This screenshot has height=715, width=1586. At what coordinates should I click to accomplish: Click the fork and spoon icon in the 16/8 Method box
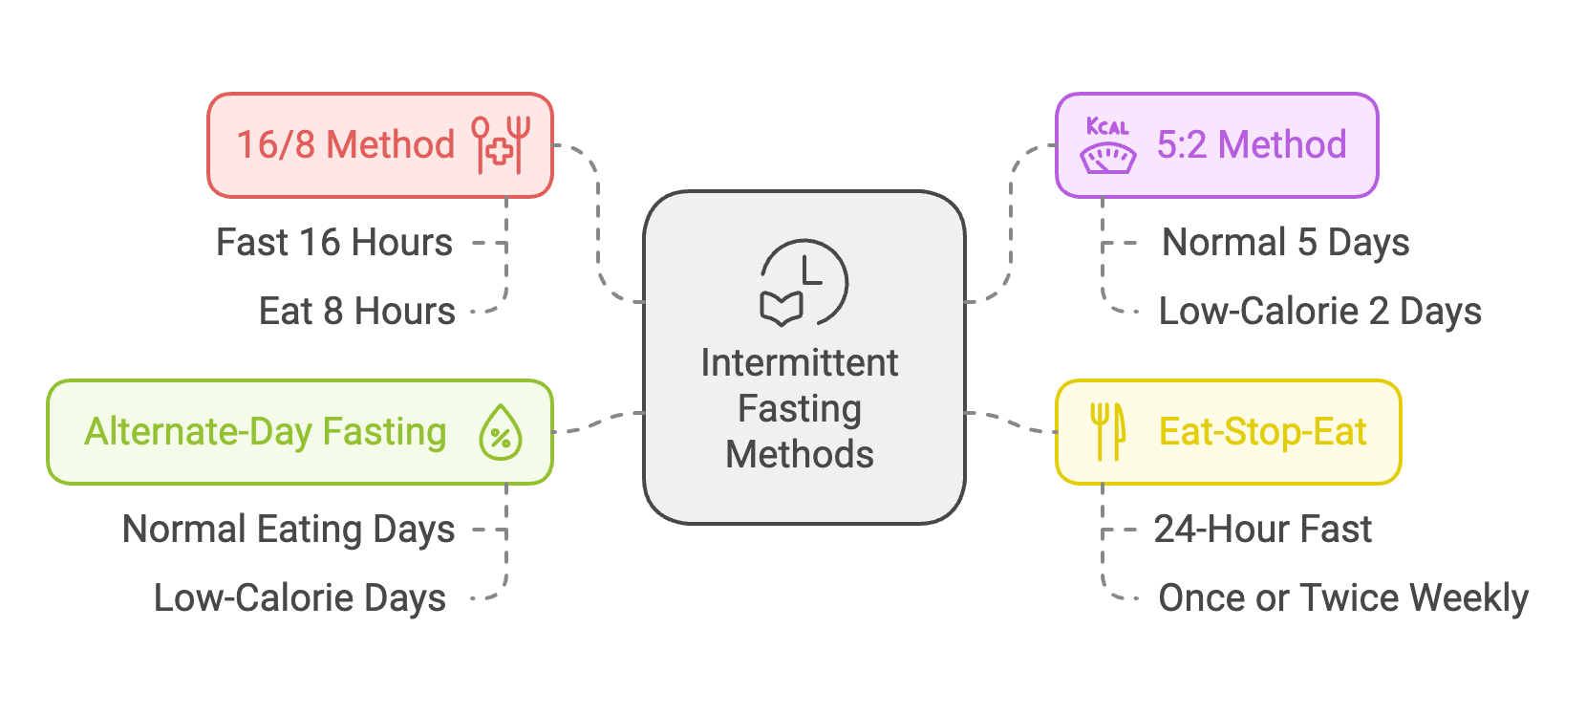coord(501,144)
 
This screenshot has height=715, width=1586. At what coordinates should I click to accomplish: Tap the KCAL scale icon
coord(1107,145)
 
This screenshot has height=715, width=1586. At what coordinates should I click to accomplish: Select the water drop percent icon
coord(500,432)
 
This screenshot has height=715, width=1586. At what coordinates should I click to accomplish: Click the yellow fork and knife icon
coord(1107,431)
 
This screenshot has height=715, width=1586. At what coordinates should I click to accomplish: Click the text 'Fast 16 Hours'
coord(334,243)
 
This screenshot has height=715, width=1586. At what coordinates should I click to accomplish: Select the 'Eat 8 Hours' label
coord(357,312)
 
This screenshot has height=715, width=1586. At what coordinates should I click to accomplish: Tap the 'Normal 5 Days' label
coord(1285,243)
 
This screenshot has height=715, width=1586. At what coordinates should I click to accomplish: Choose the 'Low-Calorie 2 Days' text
coord(1319,312)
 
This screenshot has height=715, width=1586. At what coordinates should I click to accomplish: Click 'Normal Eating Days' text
coord(289,530)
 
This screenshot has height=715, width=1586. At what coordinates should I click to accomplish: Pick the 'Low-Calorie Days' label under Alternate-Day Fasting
coord(300,598)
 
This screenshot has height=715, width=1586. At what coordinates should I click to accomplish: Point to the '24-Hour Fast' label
coord(1262,530)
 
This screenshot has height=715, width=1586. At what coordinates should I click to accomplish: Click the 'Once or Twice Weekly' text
coord(1343,598)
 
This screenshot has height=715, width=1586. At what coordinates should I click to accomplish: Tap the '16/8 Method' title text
coord(346,145)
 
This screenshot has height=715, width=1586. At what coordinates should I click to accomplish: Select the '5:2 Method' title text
coord(1252,145)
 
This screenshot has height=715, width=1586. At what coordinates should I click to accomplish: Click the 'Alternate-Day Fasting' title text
coord(266,432)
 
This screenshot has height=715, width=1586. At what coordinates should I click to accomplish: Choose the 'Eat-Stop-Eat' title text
coord(1262,432)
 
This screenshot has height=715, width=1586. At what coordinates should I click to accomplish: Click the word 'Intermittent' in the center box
coord(800,363)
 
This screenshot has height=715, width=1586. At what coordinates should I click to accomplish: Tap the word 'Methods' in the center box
coord(800,455)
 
